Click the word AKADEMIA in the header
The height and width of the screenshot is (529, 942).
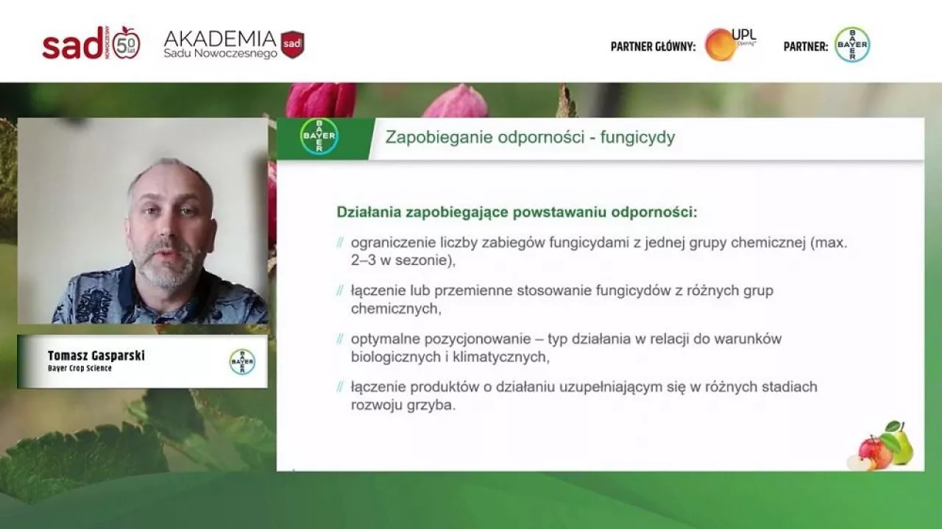click(219, 39)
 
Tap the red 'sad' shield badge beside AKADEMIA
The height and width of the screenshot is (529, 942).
click(293, 44)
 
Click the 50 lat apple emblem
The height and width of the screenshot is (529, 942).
click(126, 43)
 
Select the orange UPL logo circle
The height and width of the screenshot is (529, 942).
click(720, 45)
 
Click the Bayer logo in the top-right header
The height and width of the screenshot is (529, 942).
click(852, 45)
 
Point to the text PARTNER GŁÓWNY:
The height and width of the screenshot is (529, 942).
click(653, 46)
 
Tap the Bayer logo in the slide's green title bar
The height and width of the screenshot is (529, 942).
click(319, 136)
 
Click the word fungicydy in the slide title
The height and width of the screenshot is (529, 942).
click(637, 137)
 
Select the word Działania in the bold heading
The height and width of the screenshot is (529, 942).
click(369, 212)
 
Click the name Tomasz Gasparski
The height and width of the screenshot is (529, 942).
click(96, 356)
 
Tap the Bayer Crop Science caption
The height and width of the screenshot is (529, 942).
click(80, 369)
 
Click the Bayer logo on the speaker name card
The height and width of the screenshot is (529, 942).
click(242, 362)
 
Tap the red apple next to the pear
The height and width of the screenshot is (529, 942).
click(876, 452)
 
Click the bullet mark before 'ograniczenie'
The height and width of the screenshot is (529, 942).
click(340, 243)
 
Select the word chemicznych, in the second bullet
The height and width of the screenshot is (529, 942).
click(396, 309)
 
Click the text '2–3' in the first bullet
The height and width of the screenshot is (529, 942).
click(364, 260)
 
